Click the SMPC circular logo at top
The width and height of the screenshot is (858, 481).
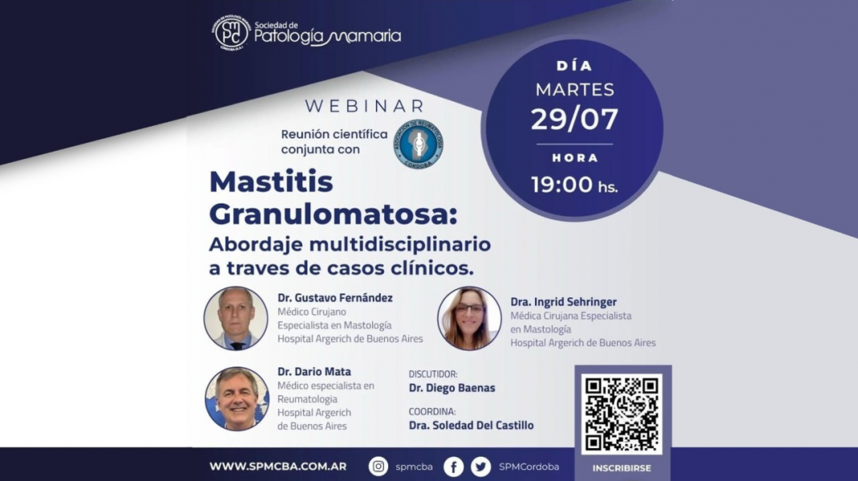[232, 34]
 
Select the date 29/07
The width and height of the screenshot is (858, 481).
[574, 119]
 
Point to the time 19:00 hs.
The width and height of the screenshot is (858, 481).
[574, 184]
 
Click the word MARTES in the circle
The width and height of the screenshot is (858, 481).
[574, 89]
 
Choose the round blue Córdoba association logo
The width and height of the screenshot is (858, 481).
[417, 145]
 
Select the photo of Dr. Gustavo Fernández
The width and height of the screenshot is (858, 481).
[236, 318]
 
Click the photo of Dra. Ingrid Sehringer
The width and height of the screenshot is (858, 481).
[469, 318]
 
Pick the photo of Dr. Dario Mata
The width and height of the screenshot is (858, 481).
[237, 398]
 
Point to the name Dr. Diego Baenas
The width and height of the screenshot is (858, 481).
[451, 388]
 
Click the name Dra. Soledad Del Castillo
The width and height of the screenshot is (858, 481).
[471, 425]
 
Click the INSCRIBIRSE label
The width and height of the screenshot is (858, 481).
[621, 468]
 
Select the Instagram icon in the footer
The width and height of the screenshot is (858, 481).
[378, 467]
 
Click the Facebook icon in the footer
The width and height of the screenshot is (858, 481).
[453, 467]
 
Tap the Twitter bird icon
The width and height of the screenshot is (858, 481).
[480, 467]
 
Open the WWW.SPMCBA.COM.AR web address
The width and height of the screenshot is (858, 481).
[277, 467]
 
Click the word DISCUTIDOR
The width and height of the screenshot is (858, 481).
[433, 374]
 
